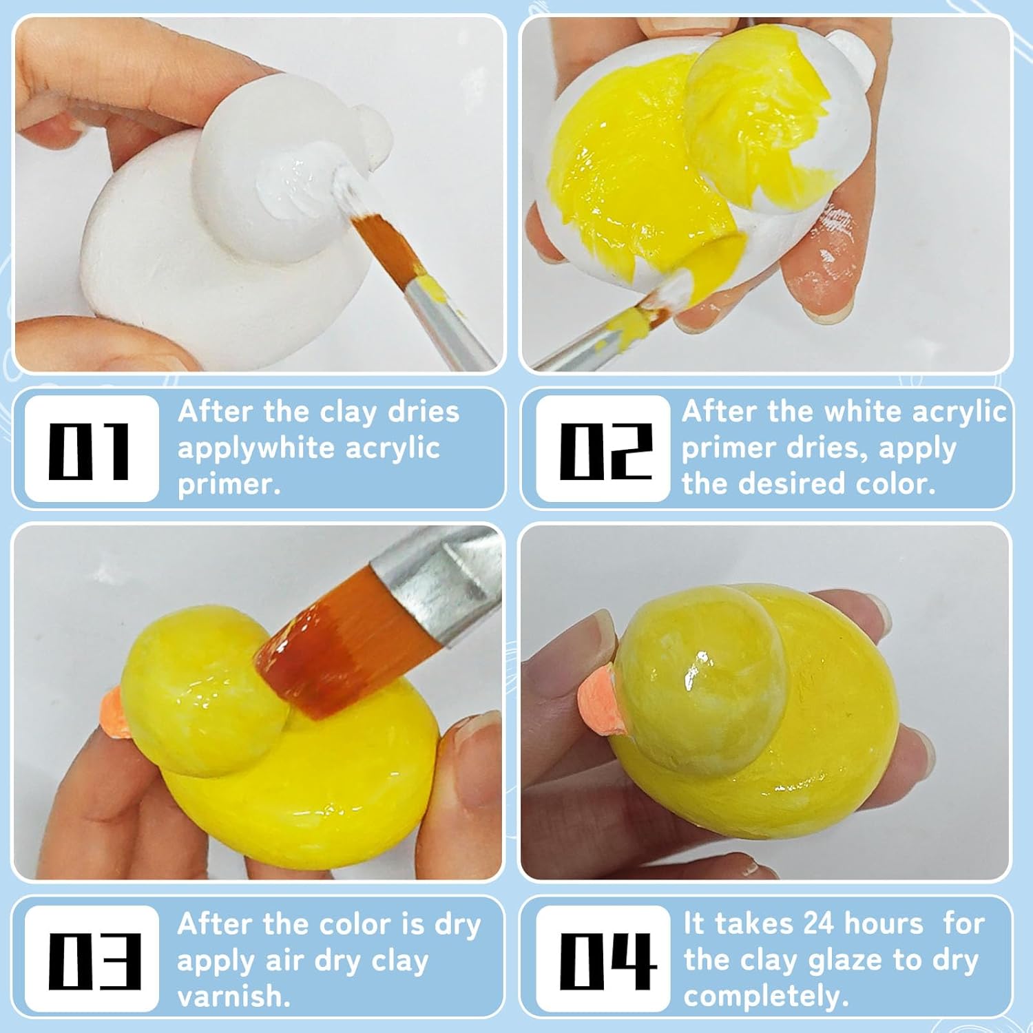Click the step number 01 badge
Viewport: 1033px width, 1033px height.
pos(91,449)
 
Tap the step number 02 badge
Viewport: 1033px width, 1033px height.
pos(603,449)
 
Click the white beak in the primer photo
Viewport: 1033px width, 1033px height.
pos(373,132)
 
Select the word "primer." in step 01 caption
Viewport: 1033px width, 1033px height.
pos(229,484)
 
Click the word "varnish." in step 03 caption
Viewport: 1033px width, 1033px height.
pos(233,996)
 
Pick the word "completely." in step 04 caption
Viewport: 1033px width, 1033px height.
pos(766,996)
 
